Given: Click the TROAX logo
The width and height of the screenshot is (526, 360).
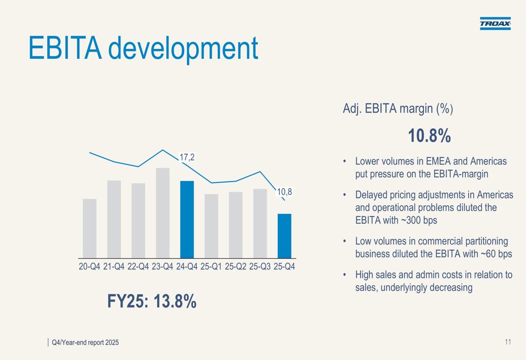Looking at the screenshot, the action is point(495,24).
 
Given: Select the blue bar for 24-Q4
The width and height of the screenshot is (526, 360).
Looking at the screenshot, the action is point(187,220).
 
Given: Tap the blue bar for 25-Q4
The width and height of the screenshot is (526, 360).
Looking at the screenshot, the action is point(285,236).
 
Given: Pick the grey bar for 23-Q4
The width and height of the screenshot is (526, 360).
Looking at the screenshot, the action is point(163,213).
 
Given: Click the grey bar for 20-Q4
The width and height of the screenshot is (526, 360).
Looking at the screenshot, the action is point(89,229).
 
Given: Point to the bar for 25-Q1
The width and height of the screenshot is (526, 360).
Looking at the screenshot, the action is point(211,226).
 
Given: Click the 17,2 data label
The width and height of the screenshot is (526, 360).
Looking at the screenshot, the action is point(187,157).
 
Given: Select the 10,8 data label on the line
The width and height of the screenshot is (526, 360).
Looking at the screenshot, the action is point(285,192).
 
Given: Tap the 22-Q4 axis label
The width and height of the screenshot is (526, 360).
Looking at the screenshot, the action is point(138,266).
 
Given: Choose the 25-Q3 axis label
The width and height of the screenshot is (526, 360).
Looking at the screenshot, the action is point(260,266).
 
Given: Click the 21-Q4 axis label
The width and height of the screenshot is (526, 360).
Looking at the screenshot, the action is point(114,266).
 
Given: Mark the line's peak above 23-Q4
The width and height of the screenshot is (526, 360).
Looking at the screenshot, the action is point(163,150).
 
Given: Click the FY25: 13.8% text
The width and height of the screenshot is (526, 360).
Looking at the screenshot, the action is point(151,301).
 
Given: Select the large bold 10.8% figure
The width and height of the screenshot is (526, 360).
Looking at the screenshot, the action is point(429,136).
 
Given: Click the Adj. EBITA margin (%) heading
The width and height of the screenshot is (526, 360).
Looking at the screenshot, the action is point(398,109).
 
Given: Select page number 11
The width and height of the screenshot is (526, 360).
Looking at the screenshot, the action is point(508,342).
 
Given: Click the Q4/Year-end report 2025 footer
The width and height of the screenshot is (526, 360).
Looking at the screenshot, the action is point(85,343).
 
